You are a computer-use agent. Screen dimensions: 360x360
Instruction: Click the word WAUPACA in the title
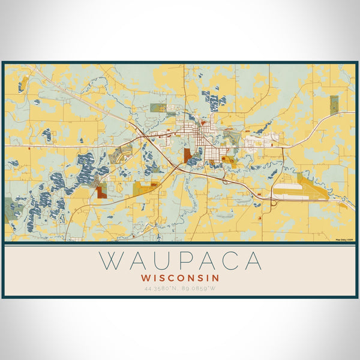180,261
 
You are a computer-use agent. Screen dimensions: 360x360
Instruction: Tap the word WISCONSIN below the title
180,278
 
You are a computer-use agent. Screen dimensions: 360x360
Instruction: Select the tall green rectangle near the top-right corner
334,104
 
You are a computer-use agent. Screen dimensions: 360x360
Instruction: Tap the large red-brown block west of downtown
188,155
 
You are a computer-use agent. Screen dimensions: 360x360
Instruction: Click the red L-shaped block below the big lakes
101,192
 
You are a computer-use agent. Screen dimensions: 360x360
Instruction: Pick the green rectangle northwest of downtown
158,108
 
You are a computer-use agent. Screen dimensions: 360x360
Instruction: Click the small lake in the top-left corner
22,86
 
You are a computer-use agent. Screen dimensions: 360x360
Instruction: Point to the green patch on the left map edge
10,210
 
